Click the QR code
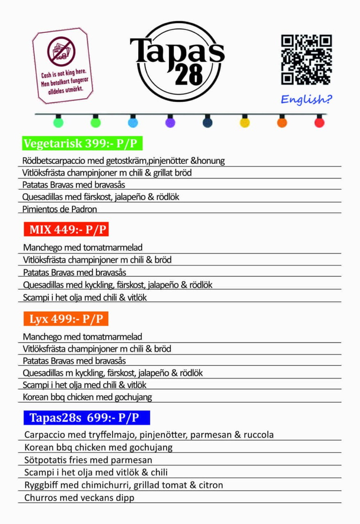pyautogui.click(x=306, y=59)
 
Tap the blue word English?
pyautogui.click(x=306, y=100)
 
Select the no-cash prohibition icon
pyautogui.click(x=62, y=52)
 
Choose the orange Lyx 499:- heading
pyautogui.click(x=66, y=319)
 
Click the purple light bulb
pyautogui.click(x=170, y=122)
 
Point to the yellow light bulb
pyautogui.click(x=245, y=122)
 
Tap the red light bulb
pyautogui.click(x=319, y=122)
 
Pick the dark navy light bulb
pyautogui.click(x=208, y=122)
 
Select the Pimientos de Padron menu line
pyautogui.click(x=60, y=209)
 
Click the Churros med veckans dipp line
pyautogui.click(x=79, y=498)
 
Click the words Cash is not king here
pyautogui.click(x=64, y=72)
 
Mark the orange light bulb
pyautogui.click(x=282, y=122)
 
